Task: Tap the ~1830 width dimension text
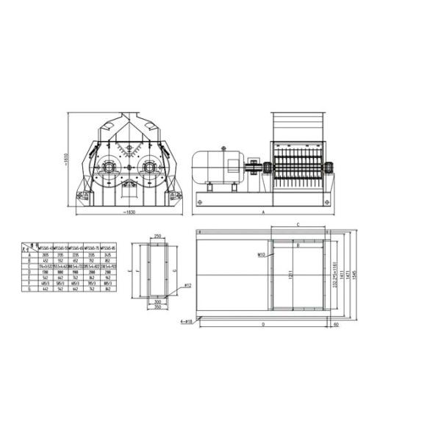click(x=130, y=212)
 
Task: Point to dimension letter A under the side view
click(x=262, y=212)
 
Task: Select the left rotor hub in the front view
click(x=109, y=167)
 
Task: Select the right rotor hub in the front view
click(x=151, y=167)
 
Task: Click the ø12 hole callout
click(x=188, y=284)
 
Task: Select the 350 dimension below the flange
click(x=157, y=307)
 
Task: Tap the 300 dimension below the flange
click(x=157, y=301)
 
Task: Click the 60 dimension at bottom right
click(x=336, y=323)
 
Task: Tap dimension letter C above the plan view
click(x=298, y=224)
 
